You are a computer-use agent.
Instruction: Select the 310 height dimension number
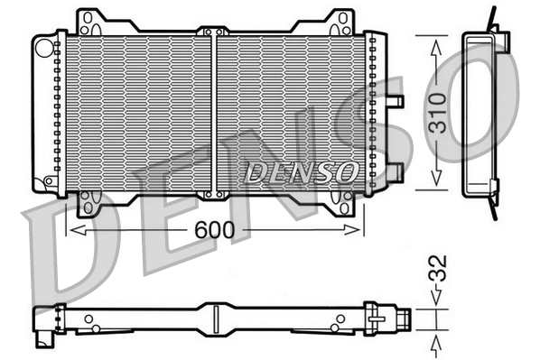[436, 112]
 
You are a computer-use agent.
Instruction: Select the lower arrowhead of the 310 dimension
[436, 180]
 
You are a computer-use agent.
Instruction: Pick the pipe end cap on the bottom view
[406, 318]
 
